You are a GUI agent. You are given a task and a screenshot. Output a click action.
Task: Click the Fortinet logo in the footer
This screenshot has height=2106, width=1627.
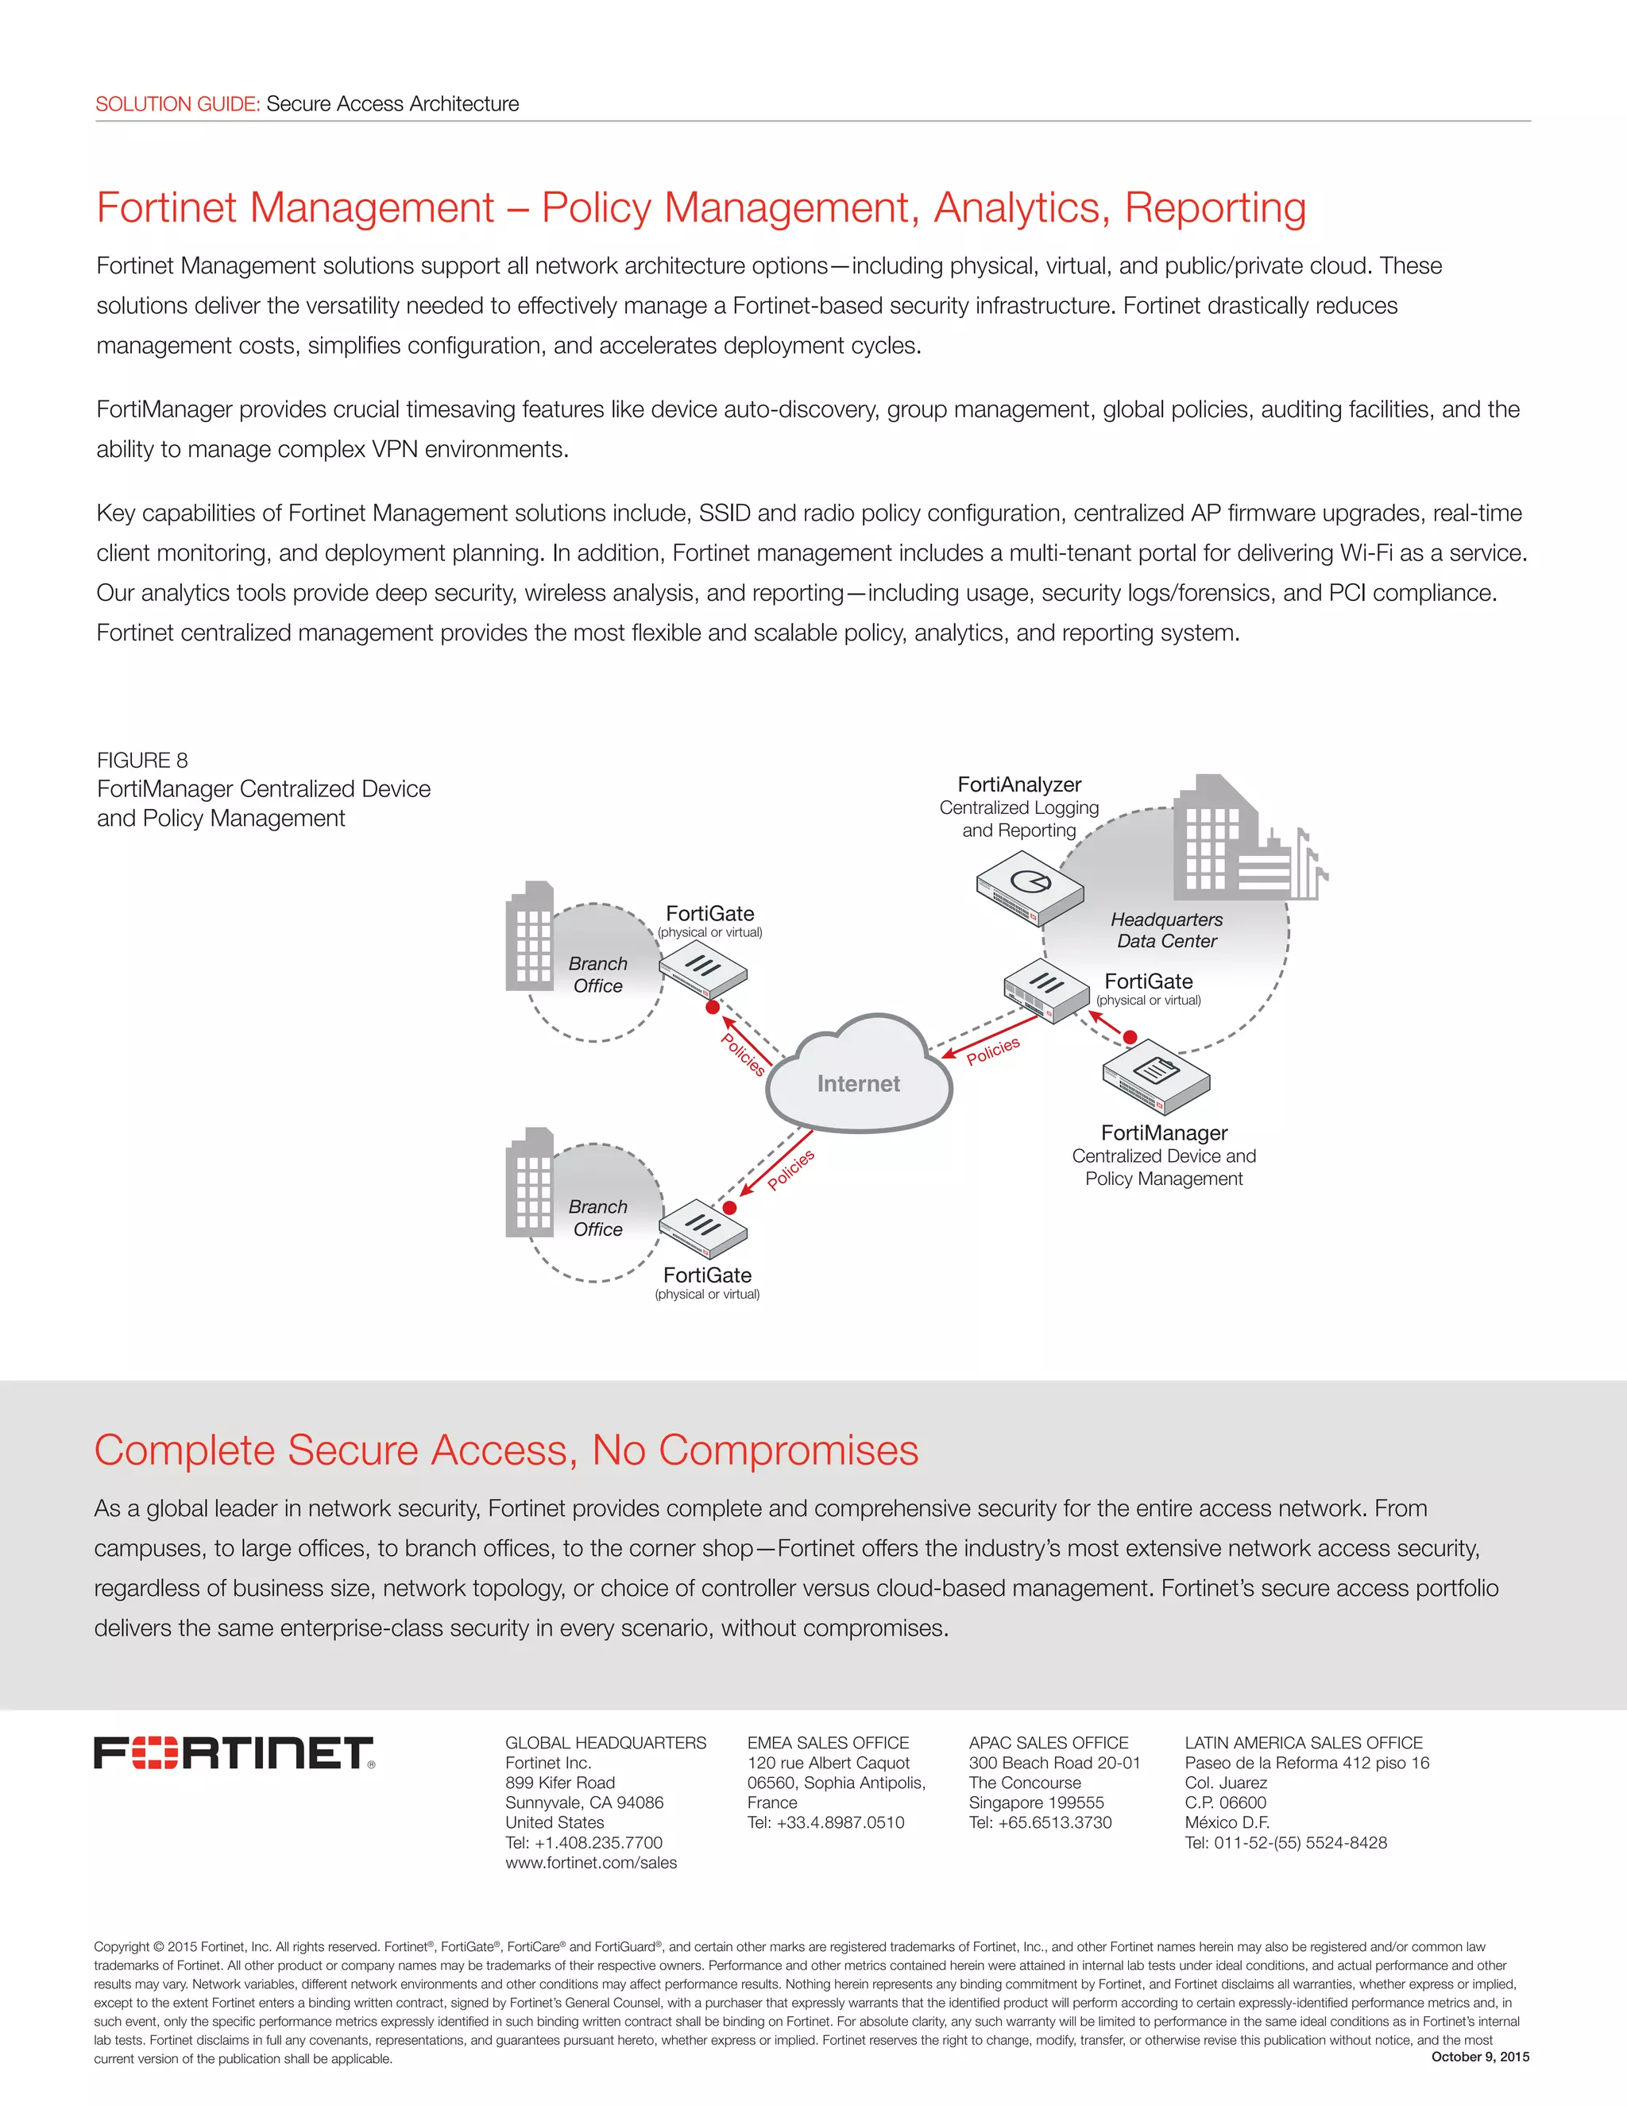[234, 1753]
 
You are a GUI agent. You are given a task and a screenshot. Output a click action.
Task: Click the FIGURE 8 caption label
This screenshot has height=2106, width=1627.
[143, 760]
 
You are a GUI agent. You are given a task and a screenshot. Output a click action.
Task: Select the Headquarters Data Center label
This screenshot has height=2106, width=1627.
[1166, 931]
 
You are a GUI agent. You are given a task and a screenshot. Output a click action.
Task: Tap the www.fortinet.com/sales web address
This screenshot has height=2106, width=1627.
[591, 1862]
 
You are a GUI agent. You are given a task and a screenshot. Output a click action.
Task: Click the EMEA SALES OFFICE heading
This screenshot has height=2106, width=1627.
[828, 1743]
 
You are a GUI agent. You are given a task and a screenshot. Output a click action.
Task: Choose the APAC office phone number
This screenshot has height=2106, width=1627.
[1040, 1822]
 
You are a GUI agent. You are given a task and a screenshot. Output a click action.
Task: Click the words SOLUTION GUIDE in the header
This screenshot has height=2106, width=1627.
[177, 104]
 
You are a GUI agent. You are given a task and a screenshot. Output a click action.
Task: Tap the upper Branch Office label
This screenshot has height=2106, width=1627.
[597, 975]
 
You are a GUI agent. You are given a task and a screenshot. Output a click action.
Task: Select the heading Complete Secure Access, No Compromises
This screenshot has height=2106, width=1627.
[506, 1450]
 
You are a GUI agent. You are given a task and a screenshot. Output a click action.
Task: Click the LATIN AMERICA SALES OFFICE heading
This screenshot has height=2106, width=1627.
[1303, 1743]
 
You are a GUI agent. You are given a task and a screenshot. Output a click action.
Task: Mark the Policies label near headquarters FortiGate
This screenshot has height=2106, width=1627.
[993, 1050]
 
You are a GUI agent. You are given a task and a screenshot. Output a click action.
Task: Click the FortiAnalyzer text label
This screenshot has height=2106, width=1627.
[1018, 784]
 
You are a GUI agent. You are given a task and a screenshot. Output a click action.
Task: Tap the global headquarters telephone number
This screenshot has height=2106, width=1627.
[584, 1842]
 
